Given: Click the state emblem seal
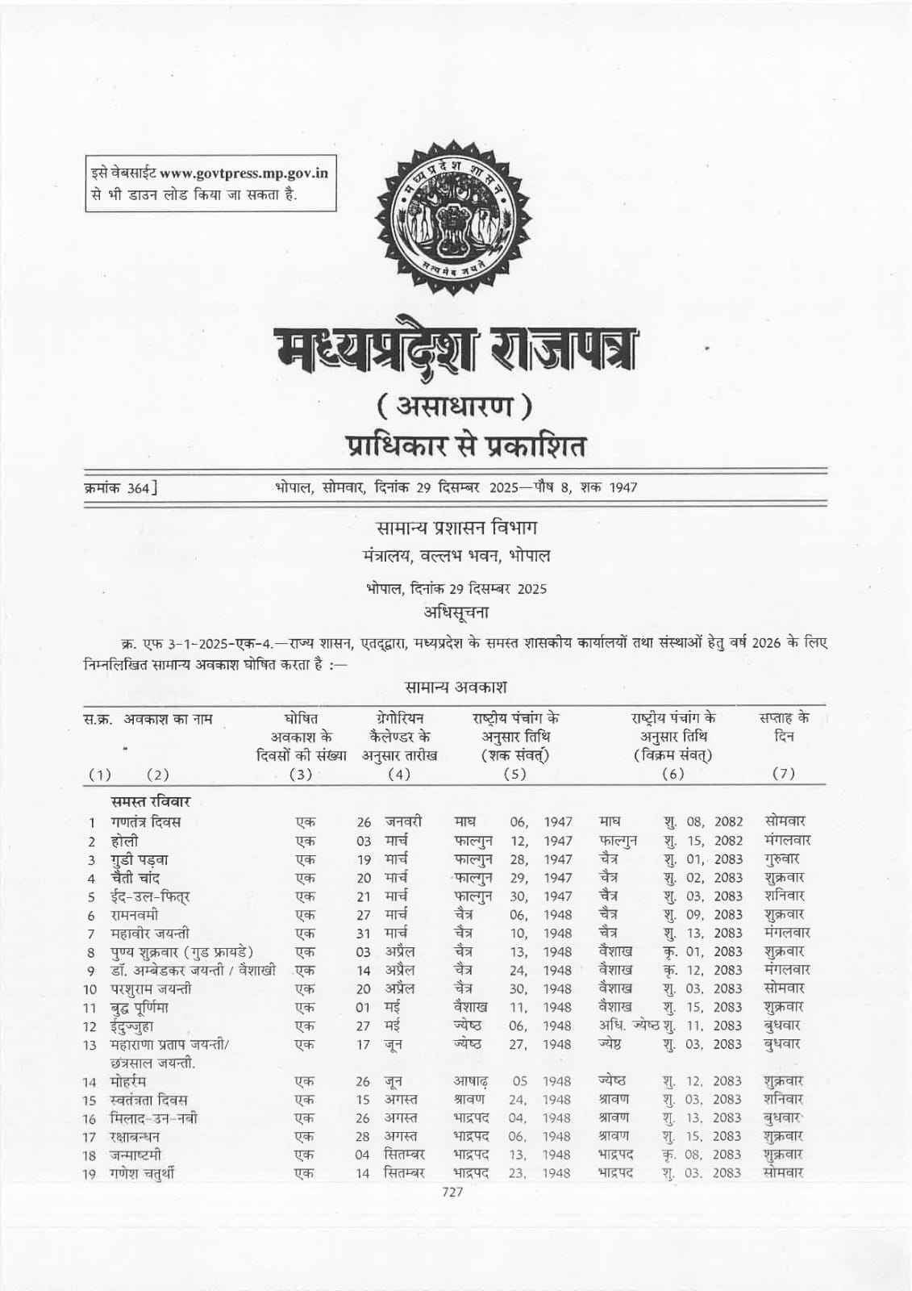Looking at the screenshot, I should pyautogui.click(x=453, y=212).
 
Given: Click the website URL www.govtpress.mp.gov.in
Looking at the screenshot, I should pyautogui.click(x=244, y=173).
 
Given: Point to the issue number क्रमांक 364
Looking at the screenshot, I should pyautogui.click(x=121, y=487).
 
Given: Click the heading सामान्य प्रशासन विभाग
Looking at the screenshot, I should pyautogui.click(x=456, y=529).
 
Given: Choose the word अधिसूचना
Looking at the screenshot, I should pyautogui.click(x=456, y=612).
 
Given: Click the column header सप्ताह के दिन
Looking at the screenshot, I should pyautogui.click(x=784, y=727).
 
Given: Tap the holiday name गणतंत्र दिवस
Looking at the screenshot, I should pyautogui.click(x=146, y=822).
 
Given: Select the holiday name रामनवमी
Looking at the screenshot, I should pyautogui.click(x=135, y=915).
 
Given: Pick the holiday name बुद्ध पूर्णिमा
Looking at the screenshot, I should pyautogui.click(x=140, y=1008).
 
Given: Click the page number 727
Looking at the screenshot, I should pyautogui.click(x=453, y=1193).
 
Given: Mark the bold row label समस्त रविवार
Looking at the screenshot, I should pyautogui.click(x=151, y=802).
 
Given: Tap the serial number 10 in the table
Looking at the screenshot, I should pyautogui.click(x=90, y=989).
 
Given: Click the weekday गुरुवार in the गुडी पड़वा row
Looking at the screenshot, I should pyautogui.click(x=782, y=859).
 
